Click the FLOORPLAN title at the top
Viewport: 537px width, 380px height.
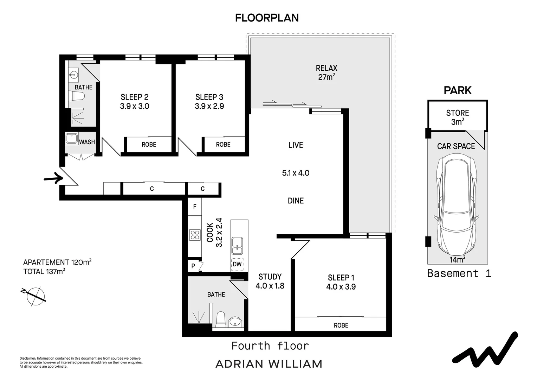[x=267, y=18]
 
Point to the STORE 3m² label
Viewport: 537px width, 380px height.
[x=457, y=117]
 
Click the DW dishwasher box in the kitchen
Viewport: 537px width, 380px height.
[x=237, y=264]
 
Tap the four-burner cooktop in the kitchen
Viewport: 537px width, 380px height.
[x=195, y=235]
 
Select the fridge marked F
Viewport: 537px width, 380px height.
[x=195, y=207]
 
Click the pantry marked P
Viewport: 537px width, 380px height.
[x=193, y=266]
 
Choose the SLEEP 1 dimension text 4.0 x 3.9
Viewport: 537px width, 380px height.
[x=341, y=287]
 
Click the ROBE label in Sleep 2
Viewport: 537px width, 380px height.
[x=149, y=145]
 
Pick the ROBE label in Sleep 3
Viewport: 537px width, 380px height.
[x=223, y=145]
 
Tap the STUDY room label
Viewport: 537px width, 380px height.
[x=270, y=277]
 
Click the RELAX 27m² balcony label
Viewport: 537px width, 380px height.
[x=326, y=72]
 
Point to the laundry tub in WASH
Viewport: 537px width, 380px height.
[x=72, y=138]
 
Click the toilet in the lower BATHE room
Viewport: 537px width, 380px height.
[x=221, y=319]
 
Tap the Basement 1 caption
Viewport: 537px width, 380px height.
[x=459, y=273]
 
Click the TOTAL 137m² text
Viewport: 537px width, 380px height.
[x=44, y=271]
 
